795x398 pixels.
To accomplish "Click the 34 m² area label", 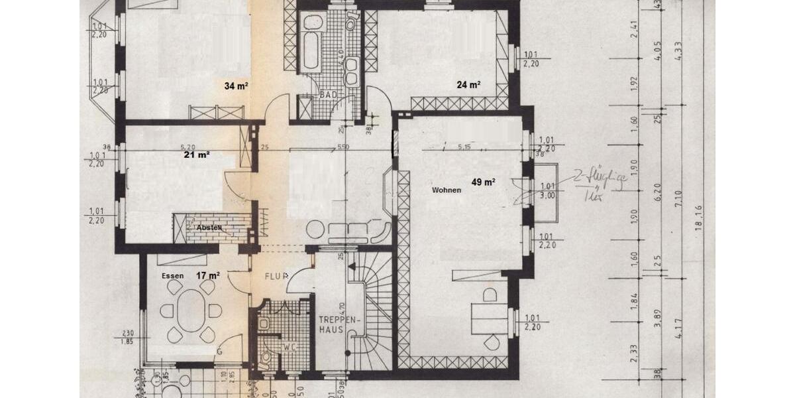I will (236, 86).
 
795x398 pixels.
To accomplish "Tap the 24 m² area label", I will (468, 85).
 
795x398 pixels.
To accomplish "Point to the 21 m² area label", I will (197, 155).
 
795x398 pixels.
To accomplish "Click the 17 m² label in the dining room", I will (207, 275).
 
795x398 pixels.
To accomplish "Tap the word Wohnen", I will (446, 190).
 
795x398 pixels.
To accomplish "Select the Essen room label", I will (172, 275).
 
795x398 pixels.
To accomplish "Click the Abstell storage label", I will (209, 228).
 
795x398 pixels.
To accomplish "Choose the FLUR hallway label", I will (276, 275).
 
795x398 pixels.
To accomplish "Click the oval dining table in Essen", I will (191, 310).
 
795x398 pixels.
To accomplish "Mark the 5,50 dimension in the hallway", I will (342, 147).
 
